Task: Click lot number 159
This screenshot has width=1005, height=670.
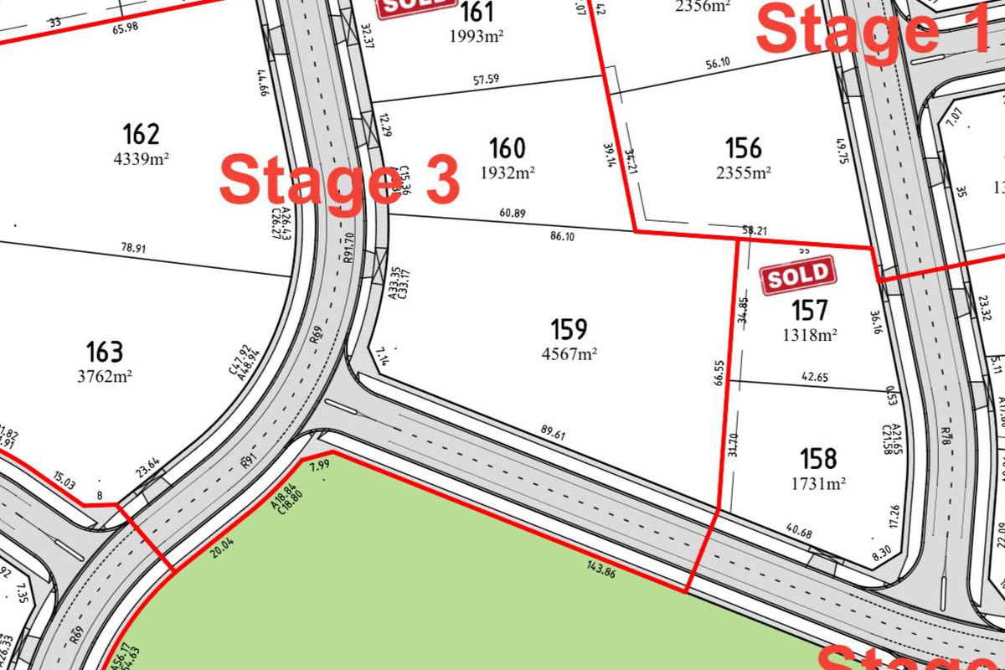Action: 569,328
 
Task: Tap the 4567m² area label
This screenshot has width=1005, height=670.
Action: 569,353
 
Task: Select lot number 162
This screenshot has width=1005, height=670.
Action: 141,134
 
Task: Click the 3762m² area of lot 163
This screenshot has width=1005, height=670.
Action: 105,376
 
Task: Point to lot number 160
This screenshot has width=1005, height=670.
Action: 508,148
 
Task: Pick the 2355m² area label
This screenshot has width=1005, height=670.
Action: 743,173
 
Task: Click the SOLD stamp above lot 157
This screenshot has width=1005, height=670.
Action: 798,276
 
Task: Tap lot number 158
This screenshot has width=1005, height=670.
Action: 817,459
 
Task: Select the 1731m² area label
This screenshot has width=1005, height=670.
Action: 818,483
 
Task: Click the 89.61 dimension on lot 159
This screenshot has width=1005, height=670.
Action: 554,434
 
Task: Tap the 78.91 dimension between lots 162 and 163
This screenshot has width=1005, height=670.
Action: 134,249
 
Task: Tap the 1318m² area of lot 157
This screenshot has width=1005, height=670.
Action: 810,336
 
